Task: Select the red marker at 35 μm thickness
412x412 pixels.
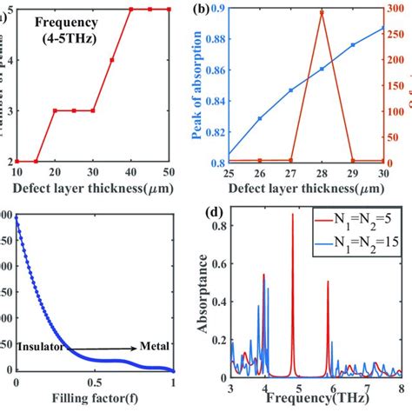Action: point(111,60)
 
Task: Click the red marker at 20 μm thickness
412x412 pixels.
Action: point(55,110)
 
